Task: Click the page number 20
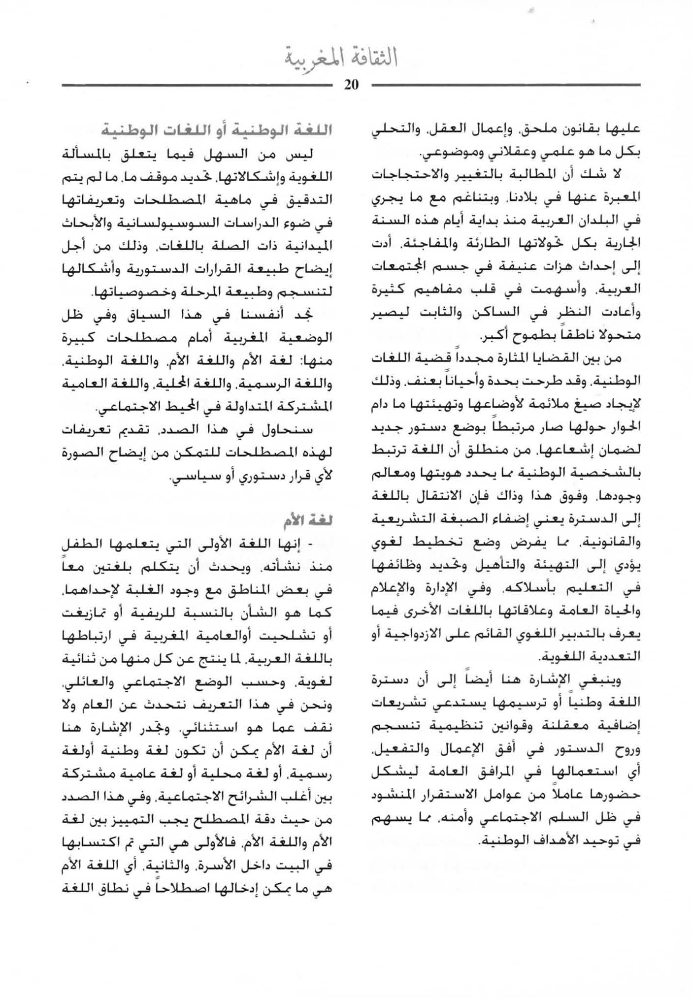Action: (352, 85)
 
